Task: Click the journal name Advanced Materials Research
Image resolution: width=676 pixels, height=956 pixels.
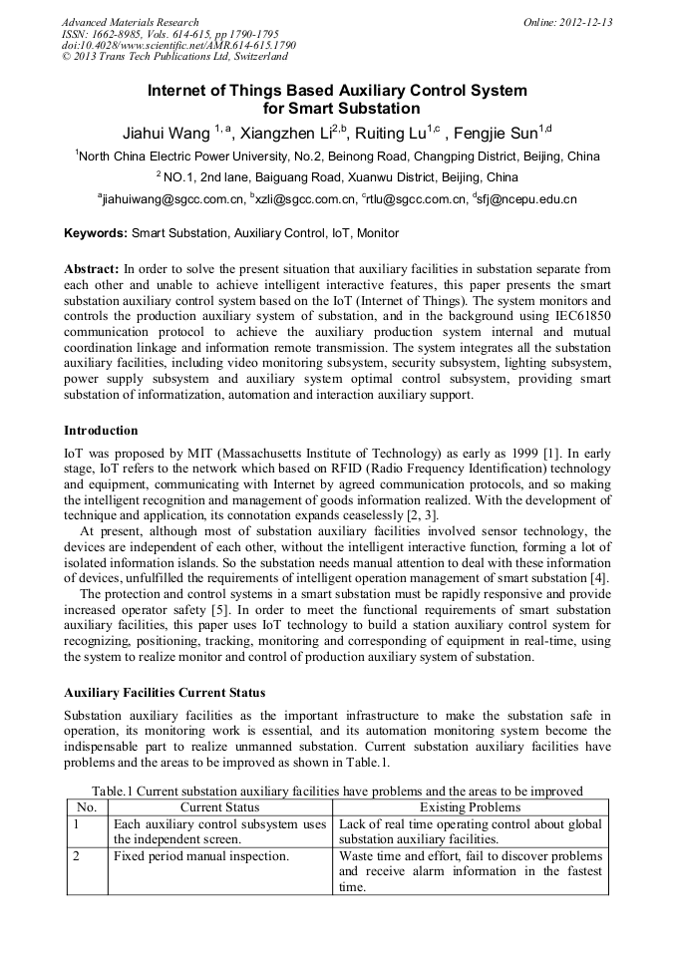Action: coord(130,22)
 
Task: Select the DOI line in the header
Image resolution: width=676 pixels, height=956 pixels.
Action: coord(178,46)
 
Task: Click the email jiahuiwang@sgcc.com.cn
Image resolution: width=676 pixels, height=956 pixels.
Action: coord(173,199)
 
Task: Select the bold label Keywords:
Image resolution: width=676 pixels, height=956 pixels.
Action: coord(96,233)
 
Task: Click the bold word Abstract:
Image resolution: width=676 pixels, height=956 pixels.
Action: coord(92,269)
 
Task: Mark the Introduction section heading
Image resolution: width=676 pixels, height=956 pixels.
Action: coord(101,431)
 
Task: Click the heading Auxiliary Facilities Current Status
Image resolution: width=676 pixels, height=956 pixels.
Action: coord(165,692)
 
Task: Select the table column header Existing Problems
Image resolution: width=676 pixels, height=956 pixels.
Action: coord(470,806)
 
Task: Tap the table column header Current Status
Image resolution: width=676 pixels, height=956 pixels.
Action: coord(219,806)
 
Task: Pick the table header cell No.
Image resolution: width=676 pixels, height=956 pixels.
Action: coord(87,806)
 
